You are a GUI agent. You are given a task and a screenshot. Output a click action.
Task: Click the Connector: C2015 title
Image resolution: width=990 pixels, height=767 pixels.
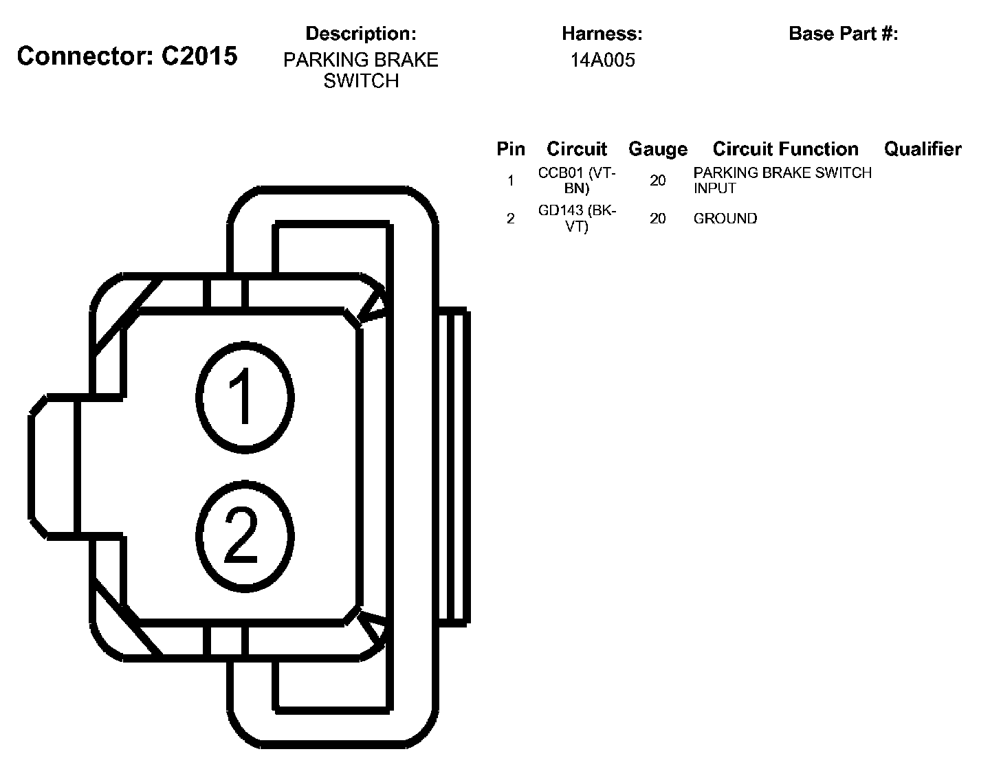point(127,56)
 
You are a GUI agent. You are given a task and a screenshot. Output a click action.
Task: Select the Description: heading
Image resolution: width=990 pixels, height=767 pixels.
point(360,34)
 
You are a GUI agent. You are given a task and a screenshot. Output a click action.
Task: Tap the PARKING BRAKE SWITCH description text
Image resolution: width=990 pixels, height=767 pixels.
point(360,70)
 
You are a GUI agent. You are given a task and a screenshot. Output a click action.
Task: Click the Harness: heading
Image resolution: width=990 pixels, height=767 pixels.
point(602,34)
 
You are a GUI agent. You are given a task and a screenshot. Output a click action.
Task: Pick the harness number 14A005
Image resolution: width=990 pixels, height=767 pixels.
point(602,60)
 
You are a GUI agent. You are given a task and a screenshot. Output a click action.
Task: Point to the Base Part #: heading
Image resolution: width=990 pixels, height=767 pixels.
point(843,34)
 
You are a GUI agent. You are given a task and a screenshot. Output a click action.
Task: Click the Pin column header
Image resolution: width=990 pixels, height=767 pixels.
point(510,149)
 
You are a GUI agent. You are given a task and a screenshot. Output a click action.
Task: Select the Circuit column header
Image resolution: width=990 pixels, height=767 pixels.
point(577,149)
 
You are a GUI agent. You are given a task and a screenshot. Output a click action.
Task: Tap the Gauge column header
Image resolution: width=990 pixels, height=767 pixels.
point(657,149)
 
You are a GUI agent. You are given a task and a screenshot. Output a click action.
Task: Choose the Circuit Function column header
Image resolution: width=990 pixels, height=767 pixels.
point(785,149)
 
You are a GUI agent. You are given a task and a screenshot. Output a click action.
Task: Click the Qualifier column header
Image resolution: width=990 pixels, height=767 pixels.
point(923,149)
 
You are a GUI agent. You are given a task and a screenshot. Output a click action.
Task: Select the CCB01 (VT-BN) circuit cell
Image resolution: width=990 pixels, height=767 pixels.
point(577,180)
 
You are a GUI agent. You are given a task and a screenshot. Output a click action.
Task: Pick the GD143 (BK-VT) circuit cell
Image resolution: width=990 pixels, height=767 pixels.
point(577,219)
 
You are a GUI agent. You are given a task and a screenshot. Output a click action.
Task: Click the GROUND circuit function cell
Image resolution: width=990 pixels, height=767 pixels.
point(725,219)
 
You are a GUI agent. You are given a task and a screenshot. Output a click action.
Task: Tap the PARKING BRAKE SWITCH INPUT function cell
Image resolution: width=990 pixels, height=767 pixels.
point(782,180)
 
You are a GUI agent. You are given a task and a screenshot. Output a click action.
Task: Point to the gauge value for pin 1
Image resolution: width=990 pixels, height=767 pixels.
point(657,181)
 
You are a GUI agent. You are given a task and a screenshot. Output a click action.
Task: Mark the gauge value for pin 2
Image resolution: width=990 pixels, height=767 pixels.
point(657,219)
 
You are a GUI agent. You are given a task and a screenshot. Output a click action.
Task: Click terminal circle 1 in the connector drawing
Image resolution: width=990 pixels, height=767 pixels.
point(245,397)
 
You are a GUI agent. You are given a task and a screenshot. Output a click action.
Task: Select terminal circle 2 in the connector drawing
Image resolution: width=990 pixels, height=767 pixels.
point(245,537)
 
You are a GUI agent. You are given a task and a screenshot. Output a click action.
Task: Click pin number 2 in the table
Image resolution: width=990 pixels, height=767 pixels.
point(510,219)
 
